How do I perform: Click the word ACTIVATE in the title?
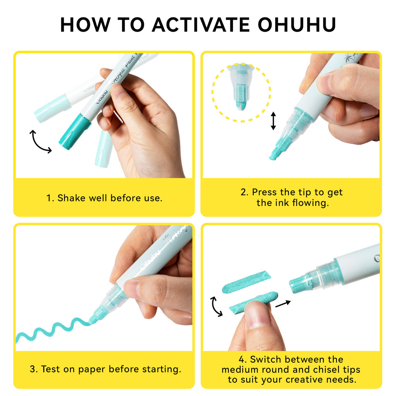click(201, 25)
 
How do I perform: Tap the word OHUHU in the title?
click(297, 25)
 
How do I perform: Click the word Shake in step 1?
click(71, 198)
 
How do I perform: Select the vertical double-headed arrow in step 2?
click(273, 121)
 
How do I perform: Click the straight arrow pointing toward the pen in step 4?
click(283, 304)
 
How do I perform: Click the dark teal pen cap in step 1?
click(75, 132)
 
